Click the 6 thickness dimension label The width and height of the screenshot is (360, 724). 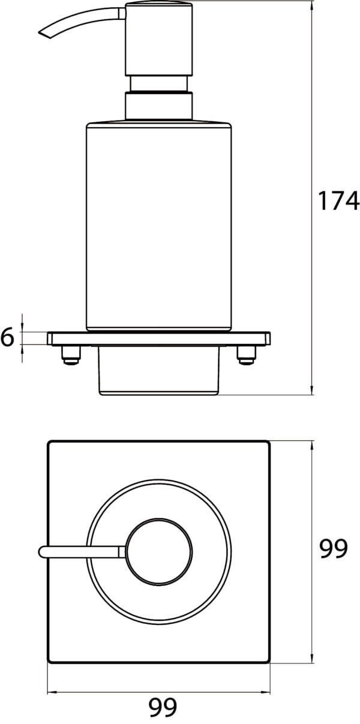pyautogui.click(x=7, y=338)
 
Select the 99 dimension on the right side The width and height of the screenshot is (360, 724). pyautogui.click(x=333, y=548)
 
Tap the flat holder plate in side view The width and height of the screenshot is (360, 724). pyautogui.click(x=159, y=339)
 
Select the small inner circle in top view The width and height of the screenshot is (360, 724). pyautogui.click(x=160, y=551)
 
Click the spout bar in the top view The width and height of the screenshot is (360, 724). pyautogui.click(x=81, y=551)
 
